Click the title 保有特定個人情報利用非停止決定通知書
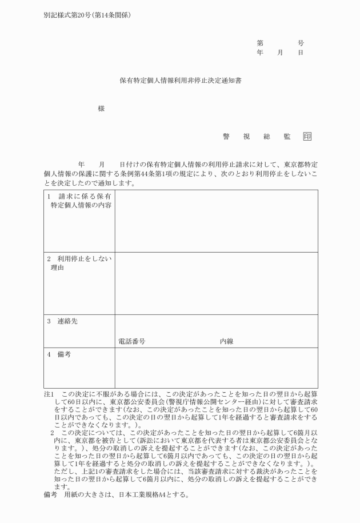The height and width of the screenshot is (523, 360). tap(180, 81)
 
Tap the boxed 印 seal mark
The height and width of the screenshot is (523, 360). tap(307, 136)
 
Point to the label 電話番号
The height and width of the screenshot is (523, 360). tap(131, 341)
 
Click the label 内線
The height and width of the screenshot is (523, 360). tap(226, 341)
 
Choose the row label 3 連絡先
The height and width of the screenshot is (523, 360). tap(62, 321)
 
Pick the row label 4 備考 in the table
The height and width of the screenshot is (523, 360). tap(59, 354)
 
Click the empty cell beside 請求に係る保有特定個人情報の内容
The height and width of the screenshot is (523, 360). tap(216, 221)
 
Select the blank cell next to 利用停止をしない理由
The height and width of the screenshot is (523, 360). tap(216, 283)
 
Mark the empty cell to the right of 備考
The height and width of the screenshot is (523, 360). tap(216, 368)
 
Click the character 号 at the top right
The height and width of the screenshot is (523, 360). tap(301, 43)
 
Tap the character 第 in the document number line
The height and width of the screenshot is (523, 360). tap(261, 43)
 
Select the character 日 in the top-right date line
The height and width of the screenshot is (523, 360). tap(301, 52)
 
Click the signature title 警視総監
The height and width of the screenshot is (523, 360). tap(257, 136)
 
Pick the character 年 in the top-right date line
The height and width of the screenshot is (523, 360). tap(261, 52)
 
